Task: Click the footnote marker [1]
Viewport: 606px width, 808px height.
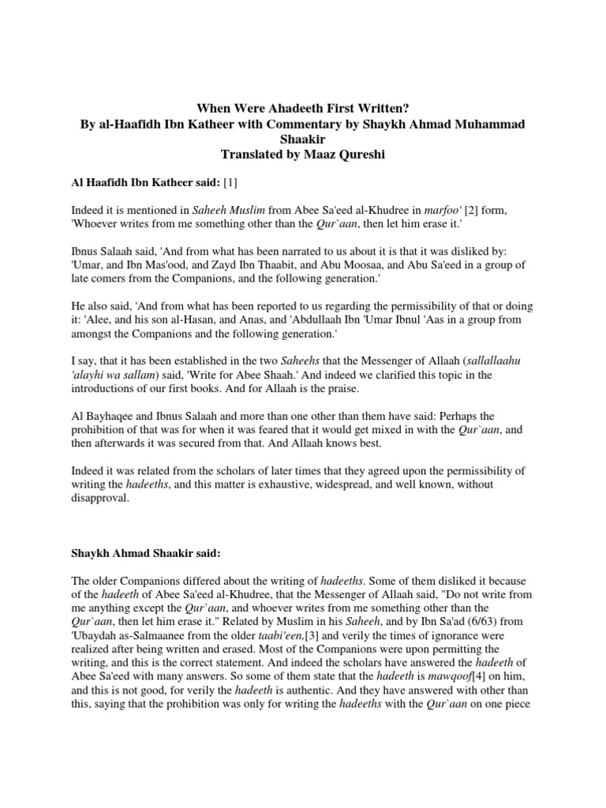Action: [x=230, y=184]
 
